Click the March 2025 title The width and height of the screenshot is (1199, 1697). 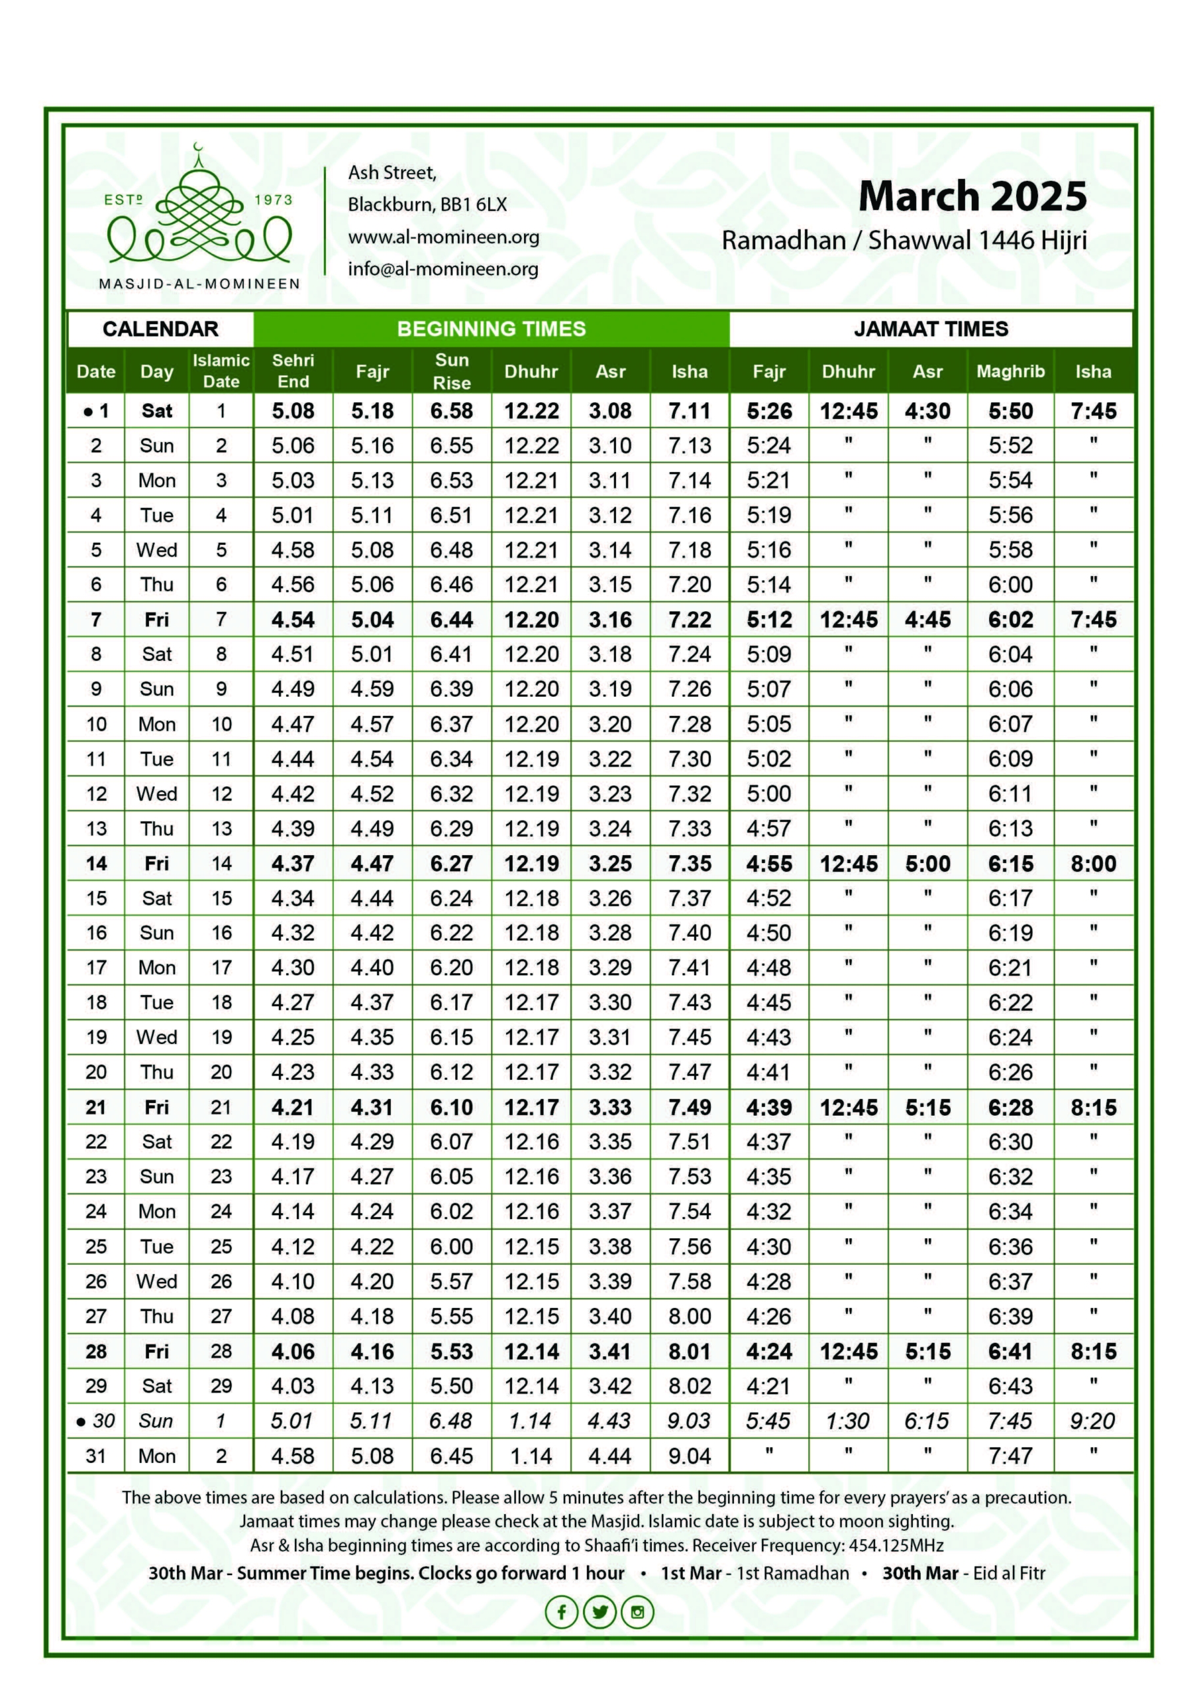[972, 198]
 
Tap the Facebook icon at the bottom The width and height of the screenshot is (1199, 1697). [562, 1611]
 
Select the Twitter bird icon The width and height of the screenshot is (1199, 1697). [599, 1611]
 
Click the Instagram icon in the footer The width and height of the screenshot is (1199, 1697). [637, 1611]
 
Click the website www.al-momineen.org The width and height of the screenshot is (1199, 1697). [443, 237]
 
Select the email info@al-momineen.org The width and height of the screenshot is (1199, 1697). [443, 269]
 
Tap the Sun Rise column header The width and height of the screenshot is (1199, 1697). [451, 371]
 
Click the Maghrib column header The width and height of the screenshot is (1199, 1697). [1010, 371]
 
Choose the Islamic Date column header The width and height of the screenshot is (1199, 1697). [221, 371]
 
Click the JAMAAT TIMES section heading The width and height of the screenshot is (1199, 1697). [930, 329]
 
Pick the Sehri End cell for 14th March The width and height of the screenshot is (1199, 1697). [293, 863]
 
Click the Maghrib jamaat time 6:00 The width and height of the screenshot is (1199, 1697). [1010, 585]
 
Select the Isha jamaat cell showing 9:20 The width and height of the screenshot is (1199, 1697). [1092, 1421]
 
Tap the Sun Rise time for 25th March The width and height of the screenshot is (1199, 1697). [451, 1246]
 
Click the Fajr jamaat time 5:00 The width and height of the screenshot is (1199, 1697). [768, 793]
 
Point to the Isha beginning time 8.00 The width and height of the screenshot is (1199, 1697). [689, 1316]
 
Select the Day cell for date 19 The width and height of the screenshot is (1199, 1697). [156, 1037]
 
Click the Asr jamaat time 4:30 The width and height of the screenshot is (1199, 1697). [927, 411]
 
